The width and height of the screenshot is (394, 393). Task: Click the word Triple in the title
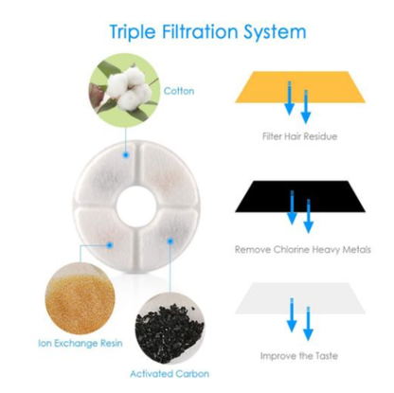(133, 32)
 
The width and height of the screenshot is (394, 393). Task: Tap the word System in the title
(275, 32)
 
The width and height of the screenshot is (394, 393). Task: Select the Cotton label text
(179, 91)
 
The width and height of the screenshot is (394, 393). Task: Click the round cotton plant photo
(124, 90)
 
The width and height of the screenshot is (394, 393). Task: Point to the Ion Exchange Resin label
(81, 343)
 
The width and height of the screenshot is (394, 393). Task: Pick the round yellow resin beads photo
(80, 298)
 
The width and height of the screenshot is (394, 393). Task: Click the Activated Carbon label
(170, 374)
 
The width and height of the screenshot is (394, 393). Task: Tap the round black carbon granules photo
(170, 329)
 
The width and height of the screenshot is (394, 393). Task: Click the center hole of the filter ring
(136, 206)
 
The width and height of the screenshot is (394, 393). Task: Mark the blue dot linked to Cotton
(126, 154)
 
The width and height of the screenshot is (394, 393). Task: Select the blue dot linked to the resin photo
(110, 245)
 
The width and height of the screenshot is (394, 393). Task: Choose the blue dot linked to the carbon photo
(170, 241)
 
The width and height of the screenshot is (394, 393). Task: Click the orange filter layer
(300, 87)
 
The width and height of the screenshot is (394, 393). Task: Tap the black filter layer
(300, 196)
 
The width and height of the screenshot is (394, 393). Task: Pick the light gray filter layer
(300, 298)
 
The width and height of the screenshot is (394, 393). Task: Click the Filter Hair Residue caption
(299, 136)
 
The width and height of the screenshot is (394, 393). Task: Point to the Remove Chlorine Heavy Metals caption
(302, 250)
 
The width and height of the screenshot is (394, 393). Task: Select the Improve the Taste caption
(299, 356)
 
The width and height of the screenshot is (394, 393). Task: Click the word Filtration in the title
(200, 31)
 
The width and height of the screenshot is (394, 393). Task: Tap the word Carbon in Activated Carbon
(192, 374)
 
